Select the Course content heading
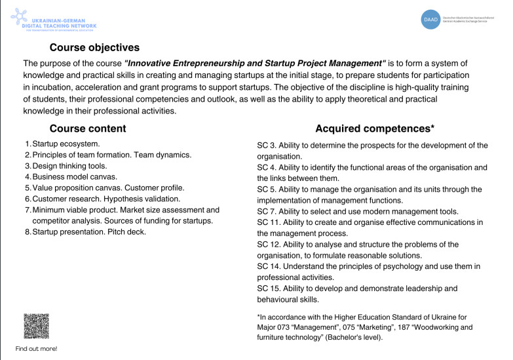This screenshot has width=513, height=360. [88, 129]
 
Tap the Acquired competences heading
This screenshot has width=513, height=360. [375, 129]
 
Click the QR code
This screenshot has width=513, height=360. [36, 326]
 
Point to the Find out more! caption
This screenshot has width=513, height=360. [36, 349]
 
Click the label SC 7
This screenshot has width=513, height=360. [267, 211]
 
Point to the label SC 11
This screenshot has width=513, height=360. [269, 222]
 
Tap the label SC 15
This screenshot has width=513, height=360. [269, 289]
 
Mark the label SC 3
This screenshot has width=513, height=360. [267, 145]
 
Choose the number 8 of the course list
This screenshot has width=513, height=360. [27, 232]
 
